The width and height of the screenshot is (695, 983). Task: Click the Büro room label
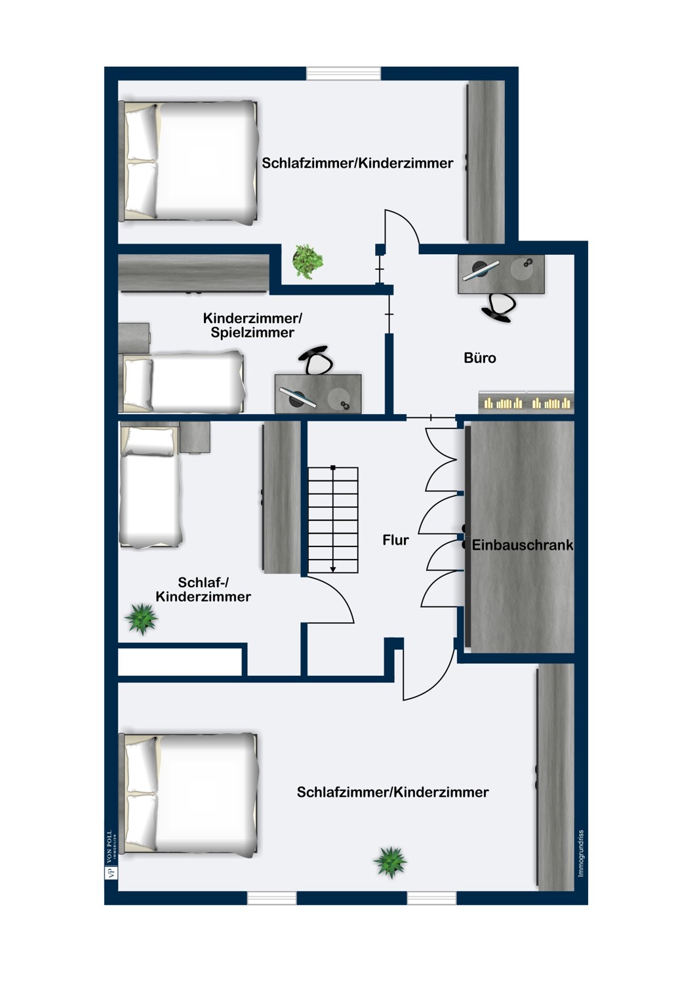(x=479, y=358)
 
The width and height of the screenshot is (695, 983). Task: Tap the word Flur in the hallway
(x=395, y=540)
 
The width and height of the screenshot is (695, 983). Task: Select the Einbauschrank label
(x=522, y=545)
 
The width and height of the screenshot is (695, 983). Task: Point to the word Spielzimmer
(x=252, y=333)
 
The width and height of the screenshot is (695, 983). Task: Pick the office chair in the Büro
(x=499, y=307)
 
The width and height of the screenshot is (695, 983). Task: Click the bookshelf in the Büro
(x=526, y=401)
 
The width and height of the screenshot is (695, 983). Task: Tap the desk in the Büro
(x=501, y=275)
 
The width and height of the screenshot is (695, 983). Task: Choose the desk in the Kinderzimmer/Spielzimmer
(x=318, y=394)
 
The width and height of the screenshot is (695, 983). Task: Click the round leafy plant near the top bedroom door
(x=307, y=260)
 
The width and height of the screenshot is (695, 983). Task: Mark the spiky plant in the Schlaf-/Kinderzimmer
(x=142, y=618)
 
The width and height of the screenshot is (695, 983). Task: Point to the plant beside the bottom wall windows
(x=390, y=861)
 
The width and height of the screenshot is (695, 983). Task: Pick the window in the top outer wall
(x=344, y=73)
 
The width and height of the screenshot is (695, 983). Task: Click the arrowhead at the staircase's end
(x=333, y=569)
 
